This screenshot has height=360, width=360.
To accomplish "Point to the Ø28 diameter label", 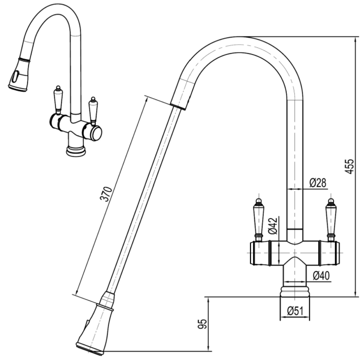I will pyautogui.click(x=317, y=183).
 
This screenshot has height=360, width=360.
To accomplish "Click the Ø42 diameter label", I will pyautogui.click(x=273, y=226).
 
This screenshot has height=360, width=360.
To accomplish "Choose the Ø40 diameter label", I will pyautogui.click(x=321, y=276).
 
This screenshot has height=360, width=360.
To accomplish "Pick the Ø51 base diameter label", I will pyautogui.click(x=295, y=311).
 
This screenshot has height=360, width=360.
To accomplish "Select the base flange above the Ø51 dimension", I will pyautogui.click(x=295, y=291).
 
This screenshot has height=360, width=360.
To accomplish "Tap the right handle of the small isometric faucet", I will pyautogui.click(x=93, y=110).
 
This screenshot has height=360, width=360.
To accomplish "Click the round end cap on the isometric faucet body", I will pyautogui.click(x=96, y=133).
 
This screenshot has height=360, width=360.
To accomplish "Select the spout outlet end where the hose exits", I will pyautogui.click(x=179, y=104).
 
